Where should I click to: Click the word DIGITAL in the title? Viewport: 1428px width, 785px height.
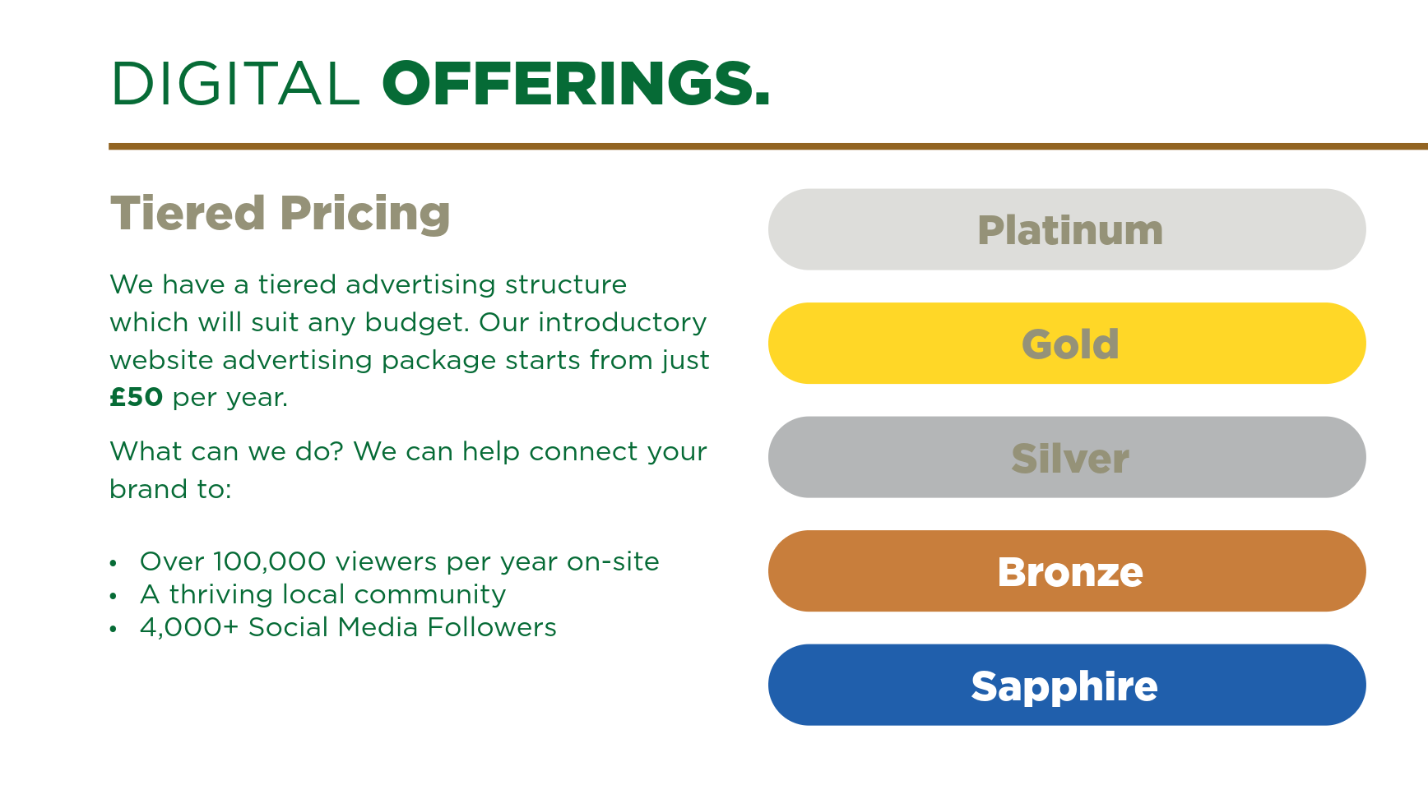pyautogui.click(x=235, y=84)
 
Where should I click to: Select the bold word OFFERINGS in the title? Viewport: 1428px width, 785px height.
pyautogui.click(x=575, y=84)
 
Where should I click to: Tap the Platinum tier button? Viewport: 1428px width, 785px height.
pyautogui.click(x=1067, y=229)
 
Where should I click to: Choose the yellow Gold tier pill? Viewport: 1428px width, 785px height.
pyautogui.click(x=1067, y=344)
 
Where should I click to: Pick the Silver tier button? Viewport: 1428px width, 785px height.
pyautogui.click(x=1067, y=457)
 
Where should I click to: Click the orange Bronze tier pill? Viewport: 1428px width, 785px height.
pyautogui.click(x=1067, y=571)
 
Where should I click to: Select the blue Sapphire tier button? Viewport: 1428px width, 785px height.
pyautogui.click(x=1067, y=685)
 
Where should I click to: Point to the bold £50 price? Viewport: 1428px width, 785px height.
pyautogui.click(x=137, y=398)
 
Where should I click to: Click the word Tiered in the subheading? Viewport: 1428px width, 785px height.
pyautogui.click(x=188, y=214)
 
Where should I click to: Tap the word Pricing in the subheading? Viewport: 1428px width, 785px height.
pyautogui.click(x=365, y=214)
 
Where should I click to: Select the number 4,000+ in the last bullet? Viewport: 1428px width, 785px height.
pyautogui.click(x=188, y=627)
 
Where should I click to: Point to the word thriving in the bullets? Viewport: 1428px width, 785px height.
pyautogui.click(x=220, y=594)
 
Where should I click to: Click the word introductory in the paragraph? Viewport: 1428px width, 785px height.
pyautogui.click(x=622, y=322)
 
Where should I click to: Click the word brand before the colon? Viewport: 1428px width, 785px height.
pyautogui.click(x=148, y=489)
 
